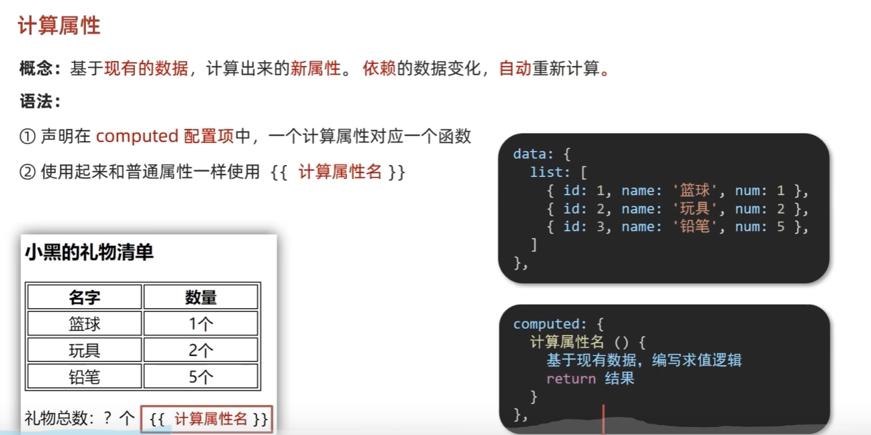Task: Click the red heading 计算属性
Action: (x=59, y=25)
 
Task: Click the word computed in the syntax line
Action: (x=136, y=136)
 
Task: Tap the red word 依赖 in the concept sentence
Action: (x=379, y=68)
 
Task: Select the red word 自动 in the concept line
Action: (x=515, y=68)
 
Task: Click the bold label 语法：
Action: (x=41, y=102)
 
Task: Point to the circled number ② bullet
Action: (x=27, y=172)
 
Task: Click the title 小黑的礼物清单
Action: (x=89, y=253)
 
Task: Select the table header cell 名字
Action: (x=85, y=297)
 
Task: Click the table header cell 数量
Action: (x=200, y=297)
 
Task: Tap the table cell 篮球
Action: (x=85, y=323)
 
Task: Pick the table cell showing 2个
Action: (x=200, y=350)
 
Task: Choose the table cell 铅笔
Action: (x=85, y=377)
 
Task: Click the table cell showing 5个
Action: (x=200, y=377)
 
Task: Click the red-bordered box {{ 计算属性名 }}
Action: (x=207, y=419)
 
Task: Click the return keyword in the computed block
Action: (x=570, y=379)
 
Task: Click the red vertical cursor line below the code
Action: (x=603, y=419)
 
